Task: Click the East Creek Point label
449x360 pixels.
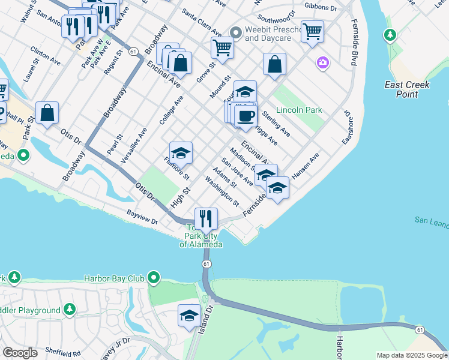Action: [x=408, y=89]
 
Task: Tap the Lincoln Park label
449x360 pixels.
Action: [x=299, y=110]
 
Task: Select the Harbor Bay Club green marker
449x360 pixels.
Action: [x=154, y=278]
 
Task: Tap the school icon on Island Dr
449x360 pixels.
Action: [x=189, y=316]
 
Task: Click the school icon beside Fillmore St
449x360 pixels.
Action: [x=181, y=153]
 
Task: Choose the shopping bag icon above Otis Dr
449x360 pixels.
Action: [x=47, y=113]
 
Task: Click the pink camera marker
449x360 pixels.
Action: [x=324, y=62]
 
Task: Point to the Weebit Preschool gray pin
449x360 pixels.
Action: [x=236, y=32]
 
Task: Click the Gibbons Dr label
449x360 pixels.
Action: [x=321, y=7]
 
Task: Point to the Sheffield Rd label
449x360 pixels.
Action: [x=62, y=353]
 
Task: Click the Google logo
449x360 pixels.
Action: [x=20, y=352]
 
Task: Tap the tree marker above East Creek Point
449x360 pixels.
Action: [x=390, y=35]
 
